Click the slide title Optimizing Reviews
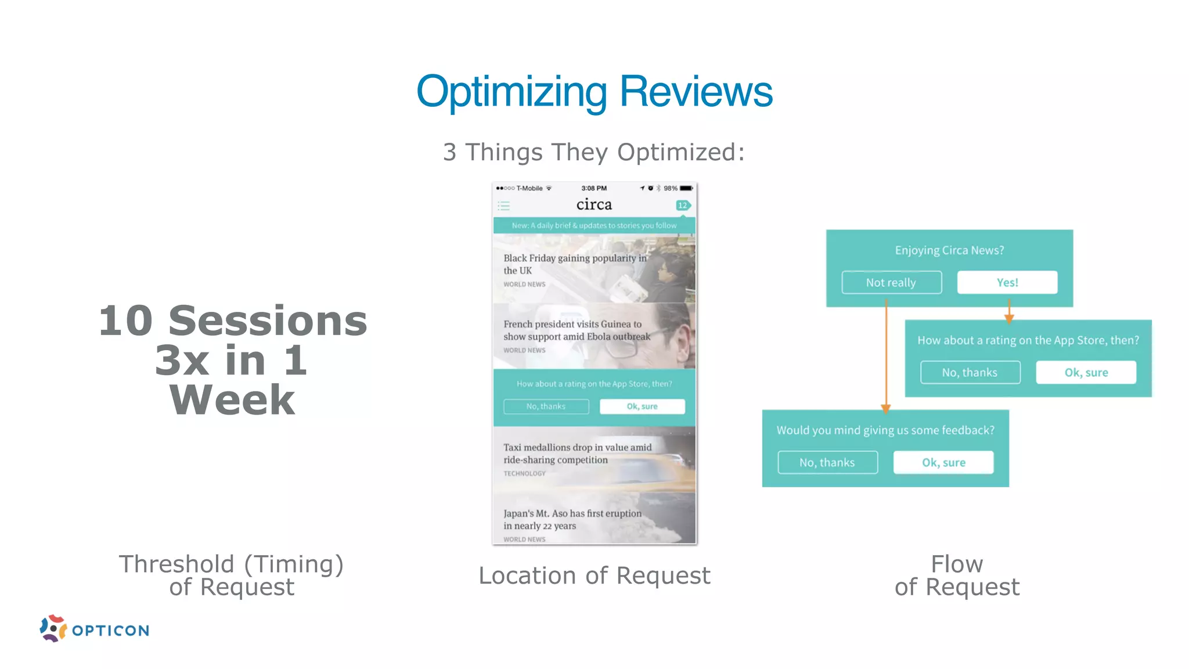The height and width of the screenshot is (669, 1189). pyautogui.click(x=594, y=92)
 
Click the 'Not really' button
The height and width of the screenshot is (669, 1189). pyautogui.click(x=891, y=282)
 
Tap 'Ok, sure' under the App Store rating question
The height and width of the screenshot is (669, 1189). pyautogui.click(x=1086, y=372)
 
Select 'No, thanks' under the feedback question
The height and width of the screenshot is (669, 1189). pyautogui.click(x=827, y=462)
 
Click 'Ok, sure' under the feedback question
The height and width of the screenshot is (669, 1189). pyautogui.click(x=943, y=462)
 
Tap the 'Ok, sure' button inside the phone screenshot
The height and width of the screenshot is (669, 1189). pyautogui.click(x=642, y=407)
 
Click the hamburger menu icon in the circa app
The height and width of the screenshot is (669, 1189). pyautogui.click(x=504, y=206)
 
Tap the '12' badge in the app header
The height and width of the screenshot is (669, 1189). pyautogui.click(x=683, y=206)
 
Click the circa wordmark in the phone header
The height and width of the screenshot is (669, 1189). pyautogui.click(x=594, y=204)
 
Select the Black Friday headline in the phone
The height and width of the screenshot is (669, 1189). pyautogui.click(x=575, y=264)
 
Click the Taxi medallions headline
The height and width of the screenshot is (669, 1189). pyautogui.click(x=577, y=453)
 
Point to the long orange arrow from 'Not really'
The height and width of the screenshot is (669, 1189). pyautogui.click(x=886, y=354)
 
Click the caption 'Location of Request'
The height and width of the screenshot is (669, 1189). pyautogui.click(x=594, y=576)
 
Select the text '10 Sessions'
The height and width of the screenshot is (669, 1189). pyautogui.click(x=232, y=321)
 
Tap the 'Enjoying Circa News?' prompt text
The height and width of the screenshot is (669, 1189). pyautogui.click(x=949, y=250)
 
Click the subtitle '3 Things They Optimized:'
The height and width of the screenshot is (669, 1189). pyautogui.click(x=593, y=152)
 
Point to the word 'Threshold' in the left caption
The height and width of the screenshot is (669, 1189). pyautogui.click(x=176, y=564)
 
